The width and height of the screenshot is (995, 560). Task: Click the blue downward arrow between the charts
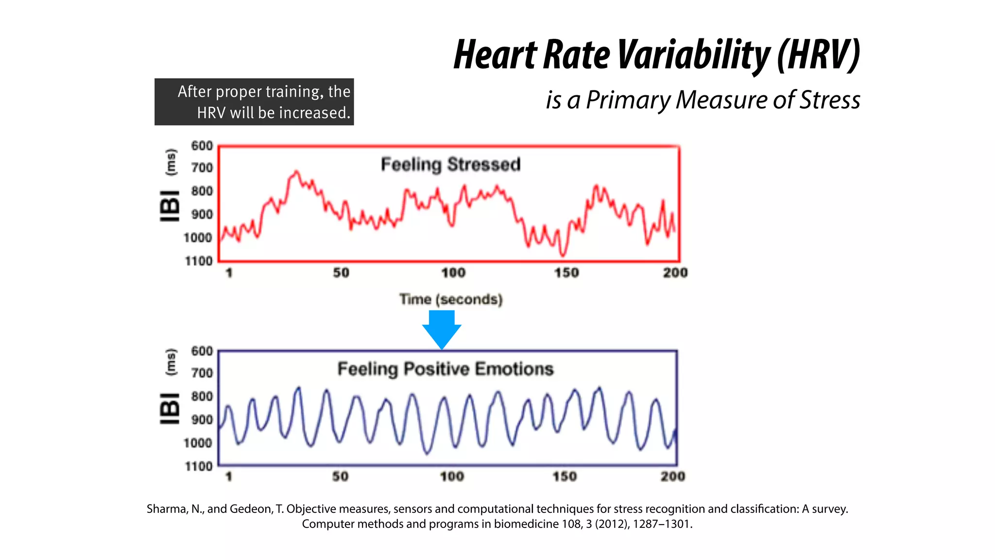coord(441,329)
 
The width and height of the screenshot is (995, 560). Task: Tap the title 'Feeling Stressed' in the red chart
coord(450,164)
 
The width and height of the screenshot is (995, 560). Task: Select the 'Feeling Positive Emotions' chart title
coord(446,369)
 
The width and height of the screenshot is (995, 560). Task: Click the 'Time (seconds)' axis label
coord(451,299)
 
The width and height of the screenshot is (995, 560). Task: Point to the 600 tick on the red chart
coord(202,146)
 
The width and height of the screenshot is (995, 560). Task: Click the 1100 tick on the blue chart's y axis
coord(198,466)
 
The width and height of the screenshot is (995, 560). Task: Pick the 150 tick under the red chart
coord(566,273)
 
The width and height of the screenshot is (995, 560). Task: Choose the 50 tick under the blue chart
coord(340,476)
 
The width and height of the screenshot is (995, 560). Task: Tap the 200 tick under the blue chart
coord(672,476)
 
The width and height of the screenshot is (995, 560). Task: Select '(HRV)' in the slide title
coord(818,54)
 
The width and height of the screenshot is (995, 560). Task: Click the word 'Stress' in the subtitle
coord(830,100)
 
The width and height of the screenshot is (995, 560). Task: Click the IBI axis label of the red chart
coord(170,206)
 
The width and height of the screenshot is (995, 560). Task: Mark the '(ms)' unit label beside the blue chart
coord(171,362)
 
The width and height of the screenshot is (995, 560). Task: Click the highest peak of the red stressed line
coord(296,172)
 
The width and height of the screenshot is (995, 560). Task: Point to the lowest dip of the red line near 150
coord(563,254)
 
